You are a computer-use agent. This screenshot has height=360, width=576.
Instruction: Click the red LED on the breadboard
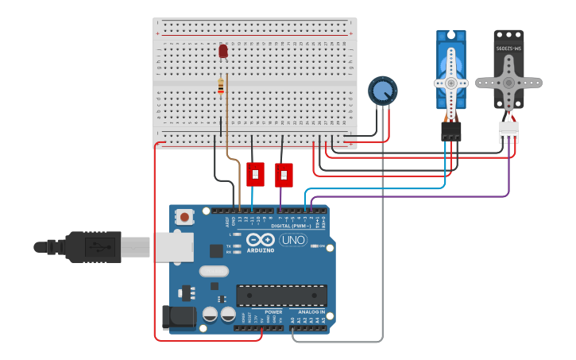[223, 51]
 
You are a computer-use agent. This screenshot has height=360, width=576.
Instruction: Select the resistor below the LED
[221, 86]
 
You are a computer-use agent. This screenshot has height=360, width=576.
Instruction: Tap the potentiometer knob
[382, 90]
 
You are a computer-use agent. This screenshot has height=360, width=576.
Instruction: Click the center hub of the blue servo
[450, 82]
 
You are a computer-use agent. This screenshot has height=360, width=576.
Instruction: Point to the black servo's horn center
[508, 82]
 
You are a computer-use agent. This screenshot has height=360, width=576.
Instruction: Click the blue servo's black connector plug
[451, 130]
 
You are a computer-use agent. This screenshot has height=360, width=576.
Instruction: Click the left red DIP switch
[255, 173]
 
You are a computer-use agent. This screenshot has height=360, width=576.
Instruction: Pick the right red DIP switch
[284, 174]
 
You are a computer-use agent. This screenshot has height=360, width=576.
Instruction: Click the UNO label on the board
[293, 240]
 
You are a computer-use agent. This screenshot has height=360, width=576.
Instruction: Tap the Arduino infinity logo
[260, 239]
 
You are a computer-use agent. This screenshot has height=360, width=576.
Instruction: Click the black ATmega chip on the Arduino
[281, 296]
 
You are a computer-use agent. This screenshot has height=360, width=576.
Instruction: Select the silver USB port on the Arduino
[173, 246]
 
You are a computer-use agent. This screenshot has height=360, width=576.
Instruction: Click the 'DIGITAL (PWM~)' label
[290, 226]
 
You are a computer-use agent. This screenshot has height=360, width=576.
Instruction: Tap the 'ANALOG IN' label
[311, 312]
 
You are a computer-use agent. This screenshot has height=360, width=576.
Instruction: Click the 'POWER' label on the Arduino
[273, 312]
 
